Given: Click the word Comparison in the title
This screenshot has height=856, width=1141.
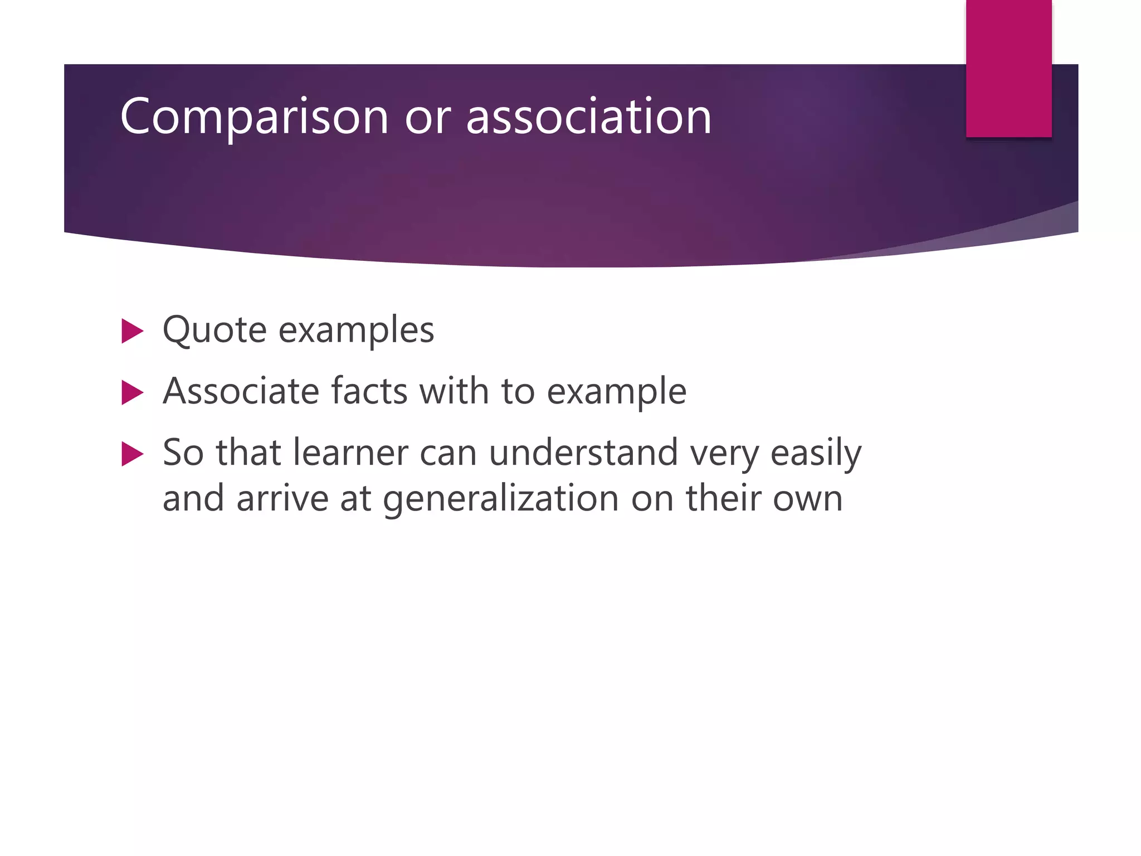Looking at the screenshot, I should click(x=254, y=117).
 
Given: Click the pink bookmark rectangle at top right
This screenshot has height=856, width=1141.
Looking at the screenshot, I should click(x=1008, y=68).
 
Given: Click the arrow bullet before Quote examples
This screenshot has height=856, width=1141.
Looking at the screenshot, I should click(x=133, y=331).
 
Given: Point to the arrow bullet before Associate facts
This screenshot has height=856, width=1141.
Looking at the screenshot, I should click(x=133, y=392).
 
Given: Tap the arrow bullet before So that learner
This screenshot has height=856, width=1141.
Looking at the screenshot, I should click(x=133, y=454).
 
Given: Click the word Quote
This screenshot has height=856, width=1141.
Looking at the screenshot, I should click(x=214, y=330).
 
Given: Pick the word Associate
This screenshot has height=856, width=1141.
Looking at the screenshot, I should click(x=241, y=391).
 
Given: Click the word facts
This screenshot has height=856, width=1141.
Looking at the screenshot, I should click(x=369, y=391).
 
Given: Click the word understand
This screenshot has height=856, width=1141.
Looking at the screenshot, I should click(x=583, y=452).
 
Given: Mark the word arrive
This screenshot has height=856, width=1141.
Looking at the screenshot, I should click(x=282, y=498).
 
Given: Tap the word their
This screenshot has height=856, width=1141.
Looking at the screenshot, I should click(x=723, y=498).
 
